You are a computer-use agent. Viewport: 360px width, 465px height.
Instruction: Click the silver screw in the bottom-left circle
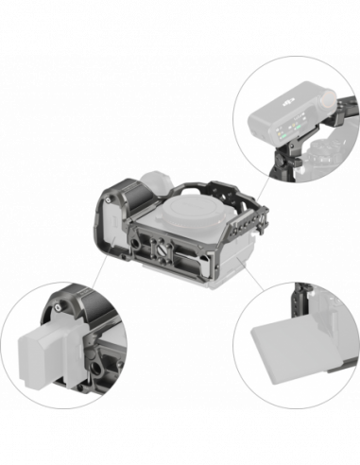coord(60,307)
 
